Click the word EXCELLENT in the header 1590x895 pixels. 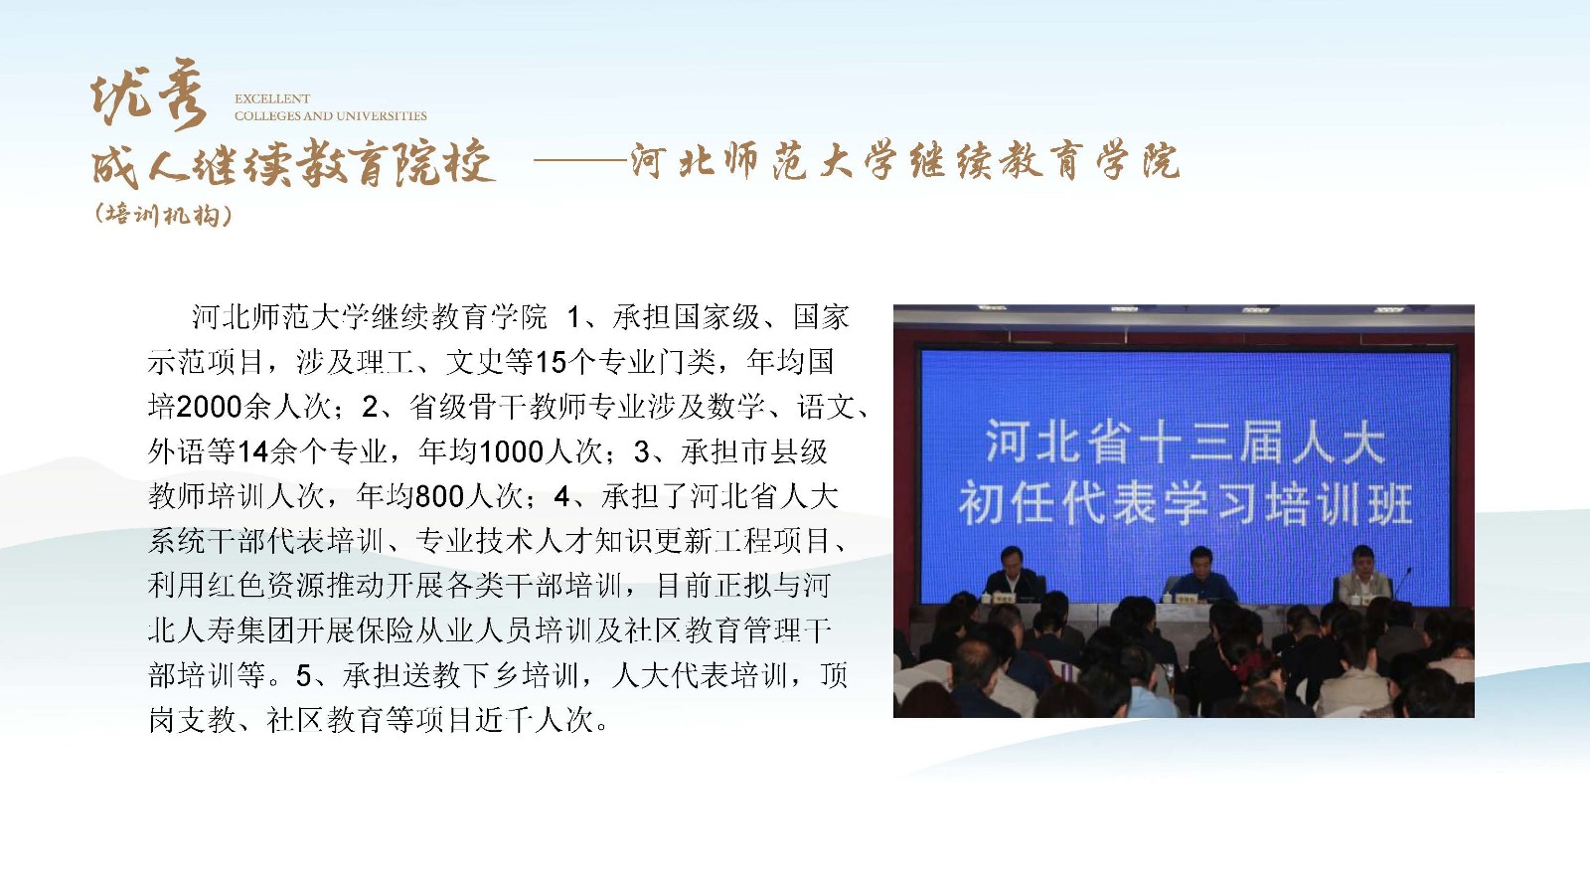click(x=272, y=98)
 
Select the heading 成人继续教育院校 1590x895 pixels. click(x=292, y=163)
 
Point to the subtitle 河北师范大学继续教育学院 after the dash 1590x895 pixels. click(x=905, y=161)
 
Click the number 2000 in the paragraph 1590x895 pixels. click(x=210, y=407)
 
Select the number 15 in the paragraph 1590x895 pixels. click(x=551, y=362)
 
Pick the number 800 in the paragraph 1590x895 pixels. click(x=439, y=496)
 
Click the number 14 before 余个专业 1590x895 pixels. click(x=252, y=451)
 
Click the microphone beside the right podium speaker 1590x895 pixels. click(x=1402, y=584)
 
